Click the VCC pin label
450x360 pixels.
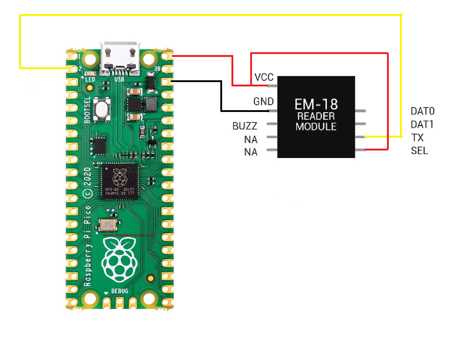pyautogui.click(x=264, y=77)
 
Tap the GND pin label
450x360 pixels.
pyautogui.click(x=264, y=102)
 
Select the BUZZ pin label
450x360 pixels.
pyautogui.click(x=245, y=126)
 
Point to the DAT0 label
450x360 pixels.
pyautogui.click(x=422, y=111)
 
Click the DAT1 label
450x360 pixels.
pyautogui.click(x=422, y=124)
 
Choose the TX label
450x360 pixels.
pyautogui.click(x=417, y=138)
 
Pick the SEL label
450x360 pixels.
pyautogui.click(x=419, y=150)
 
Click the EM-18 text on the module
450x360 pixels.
pyautogui.click(x=316, y=104)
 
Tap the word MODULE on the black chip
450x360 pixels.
pyautogui.click(x=316, y=127)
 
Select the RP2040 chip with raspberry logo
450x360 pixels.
pyautogui.click(x=120, y=182)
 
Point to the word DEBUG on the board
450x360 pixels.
pyautogui.click(x=120, y=291)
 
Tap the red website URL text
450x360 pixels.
pyautogui.click(x=129, y=235)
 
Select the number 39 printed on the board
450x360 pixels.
pyautogui.click(x=157, y=69)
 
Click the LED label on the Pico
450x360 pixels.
pyautogui.click(x=90, y=79)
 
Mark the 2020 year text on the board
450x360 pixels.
pyautogui.click(x=87, y=176)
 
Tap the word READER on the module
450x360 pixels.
pyautogui.click(x=316, y=116)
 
